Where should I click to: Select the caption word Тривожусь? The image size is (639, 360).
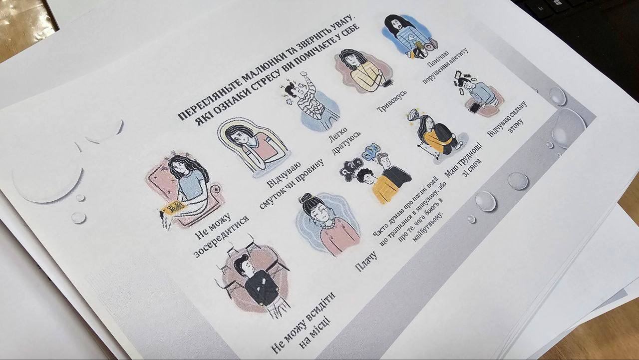click(x=391, y=101)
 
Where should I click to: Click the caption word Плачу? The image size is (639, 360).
click(x=366, y=262)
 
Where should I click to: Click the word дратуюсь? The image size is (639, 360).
click(x=347, y=143)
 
